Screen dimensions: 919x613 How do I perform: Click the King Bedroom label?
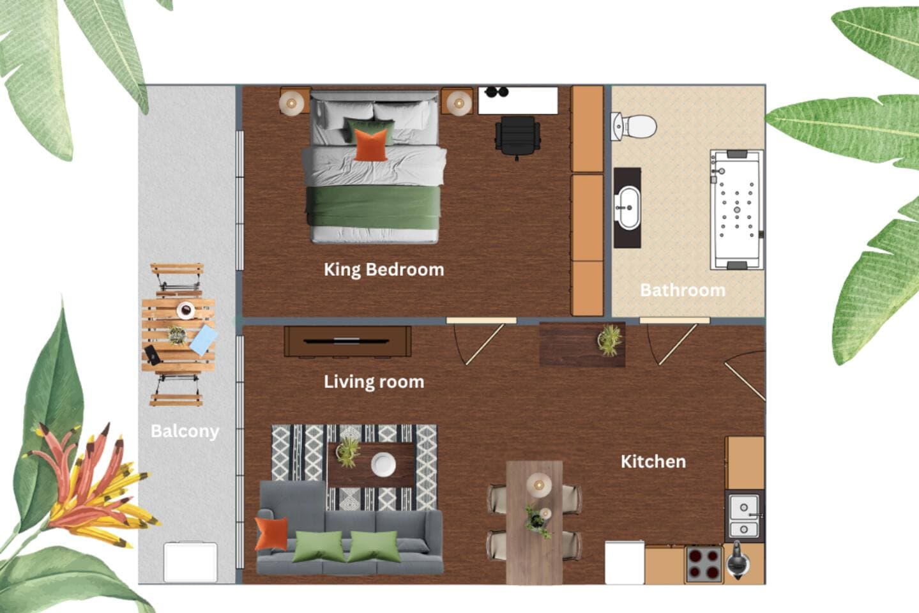point(384,270)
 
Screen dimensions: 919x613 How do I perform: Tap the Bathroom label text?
point(683,291)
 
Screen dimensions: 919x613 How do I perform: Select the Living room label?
point(374,382)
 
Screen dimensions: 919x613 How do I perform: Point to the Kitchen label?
point(653,462)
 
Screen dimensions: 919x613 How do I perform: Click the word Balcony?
point(185,432)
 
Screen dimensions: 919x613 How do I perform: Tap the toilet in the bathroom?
point(634,126)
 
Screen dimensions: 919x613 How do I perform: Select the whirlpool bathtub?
point(737,209)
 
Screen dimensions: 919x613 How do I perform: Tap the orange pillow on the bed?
point(370,145)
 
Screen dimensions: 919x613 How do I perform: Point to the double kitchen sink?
point(744,517)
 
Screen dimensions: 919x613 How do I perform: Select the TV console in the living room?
point(347,342)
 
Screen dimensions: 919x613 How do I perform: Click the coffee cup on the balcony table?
point(185,310)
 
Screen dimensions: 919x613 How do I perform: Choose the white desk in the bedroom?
point(518,100)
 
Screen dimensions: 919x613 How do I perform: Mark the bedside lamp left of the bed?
point(292,103)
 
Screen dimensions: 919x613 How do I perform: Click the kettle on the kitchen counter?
point(738,561)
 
